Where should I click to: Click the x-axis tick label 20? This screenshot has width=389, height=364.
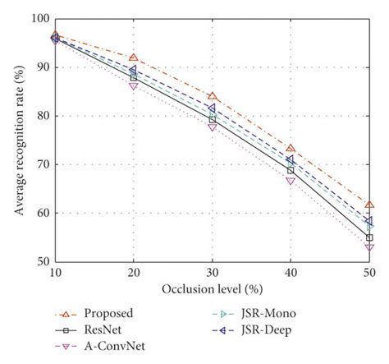[133, 273]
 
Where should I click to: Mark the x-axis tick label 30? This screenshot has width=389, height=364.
[212, 273]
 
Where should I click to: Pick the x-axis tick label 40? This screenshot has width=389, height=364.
[291, 273]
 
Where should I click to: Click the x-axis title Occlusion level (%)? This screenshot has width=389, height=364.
[211, 289]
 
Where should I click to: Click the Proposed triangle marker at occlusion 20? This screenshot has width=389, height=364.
[133, 58]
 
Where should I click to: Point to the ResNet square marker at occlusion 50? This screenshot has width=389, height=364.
[369, 237]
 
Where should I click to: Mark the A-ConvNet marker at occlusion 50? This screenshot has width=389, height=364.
[369, 247]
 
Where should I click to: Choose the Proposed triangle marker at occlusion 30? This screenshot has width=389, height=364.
[212, 96]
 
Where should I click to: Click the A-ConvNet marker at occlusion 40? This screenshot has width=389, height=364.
[291, 181]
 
